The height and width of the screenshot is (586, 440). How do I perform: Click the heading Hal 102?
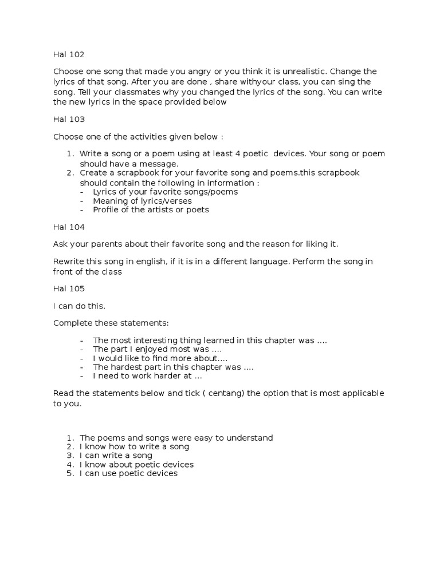69,55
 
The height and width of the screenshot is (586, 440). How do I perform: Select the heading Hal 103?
69,120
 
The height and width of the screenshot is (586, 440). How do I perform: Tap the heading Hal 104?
69,227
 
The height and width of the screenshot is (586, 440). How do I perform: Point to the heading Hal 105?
69,288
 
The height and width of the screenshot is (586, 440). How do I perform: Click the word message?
156,164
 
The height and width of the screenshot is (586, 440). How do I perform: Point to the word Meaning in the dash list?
110,201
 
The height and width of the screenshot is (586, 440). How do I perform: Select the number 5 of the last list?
69,473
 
